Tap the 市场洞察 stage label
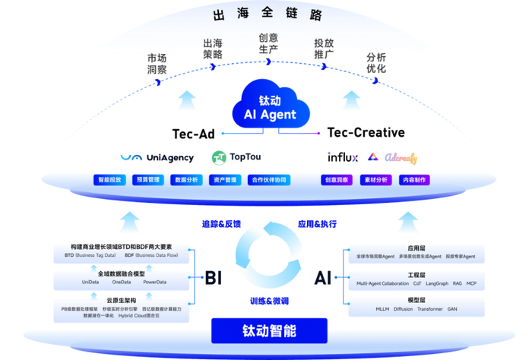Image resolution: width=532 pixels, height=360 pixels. click(157, 64)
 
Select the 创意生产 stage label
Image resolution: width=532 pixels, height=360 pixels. click(268, 43)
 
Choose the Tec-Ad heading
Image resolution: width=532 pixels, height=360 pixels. click(194, 134)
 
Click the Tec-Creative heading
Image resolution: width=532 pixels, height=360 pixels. click(366, 133)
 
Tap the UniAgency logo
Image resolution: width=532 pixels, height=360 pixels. click(157, 158)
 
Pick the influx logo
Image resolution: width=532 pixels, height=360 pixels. click(342, 158)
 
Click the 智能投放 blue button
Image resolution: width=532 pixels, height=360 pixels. click(109, 180)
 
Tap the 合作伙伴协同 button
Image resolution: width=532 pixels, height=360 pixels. click(269, 180)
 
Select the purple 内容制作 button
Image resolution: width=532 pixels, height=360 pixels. click(415, 180)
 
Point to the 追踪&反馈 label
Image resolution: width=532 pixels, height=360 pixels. click(221, 224)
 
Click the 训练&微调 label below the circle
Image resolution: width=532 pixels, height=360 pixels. click(269, 302)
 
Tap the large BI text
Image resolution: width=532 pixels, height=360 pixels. click(213, 278)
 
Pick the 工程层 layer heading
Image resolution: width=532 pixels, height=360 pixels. click(416, 275)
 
